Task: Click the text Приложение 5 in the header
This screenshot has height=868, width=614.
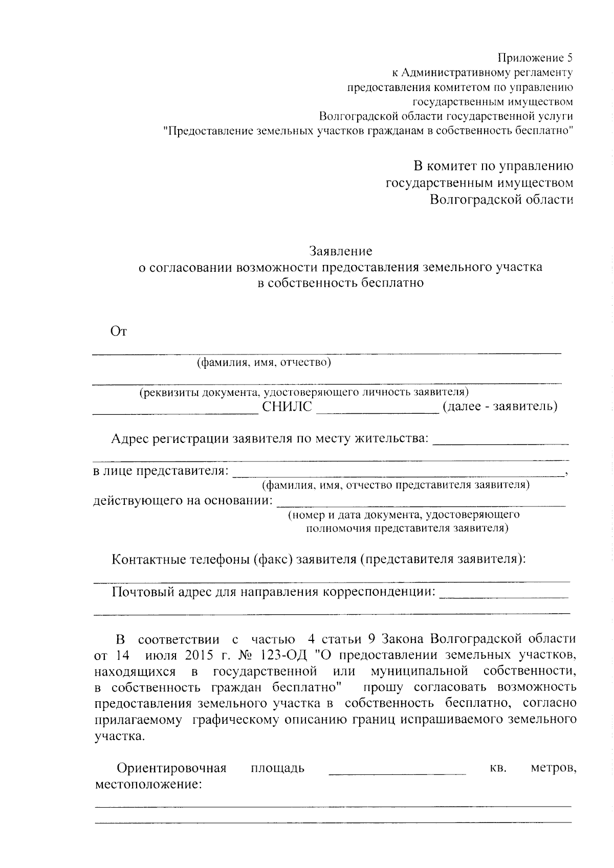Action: coord(535,58)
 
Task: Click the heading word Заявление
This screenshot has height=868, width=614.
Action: coord(340,251)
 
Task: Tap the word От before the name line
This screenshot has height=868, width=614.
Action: coord(119,331)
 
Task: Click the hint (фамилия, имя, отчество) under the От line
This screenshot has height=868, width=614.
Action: coord(264,363)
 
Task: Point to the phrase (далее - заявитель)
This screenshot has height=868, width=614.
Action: coord(499,407)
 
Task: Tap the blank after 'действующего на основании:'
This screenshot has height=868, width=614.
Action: coord(421,503)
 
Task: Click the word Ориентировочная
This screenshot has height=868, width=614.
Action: coord(171,768)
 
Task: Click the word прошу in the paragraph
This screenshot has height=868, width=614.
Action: coord(383,687)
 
